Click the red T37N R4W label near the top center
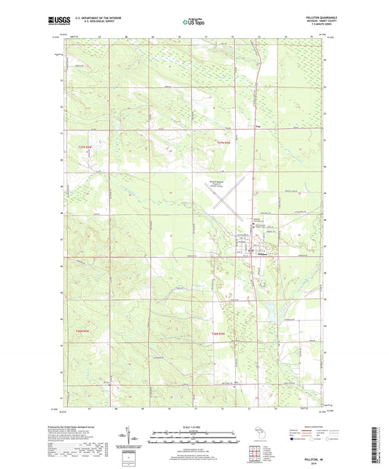(229, 141)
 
